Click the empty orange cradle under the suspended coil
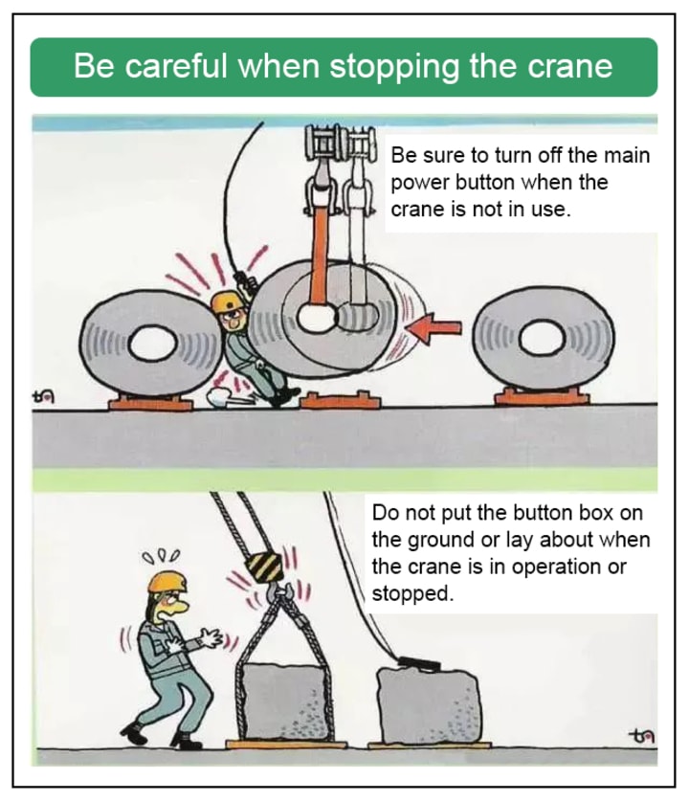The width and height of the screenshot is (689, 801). coord(341,400)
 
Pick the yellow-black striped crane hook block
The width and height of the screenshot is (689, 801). coord(264,567)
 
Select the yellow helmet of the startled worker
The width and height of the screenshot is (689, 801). coord(167,581)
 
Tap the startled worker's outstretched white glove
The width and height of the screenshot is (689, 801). coord(211,638)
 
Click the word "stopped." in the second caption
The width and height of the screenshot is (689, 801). coord(412,594)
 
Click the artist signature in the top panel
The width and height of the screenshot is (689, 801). coord(43,396)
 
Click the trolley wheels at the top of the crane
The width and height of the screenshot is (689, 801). coord(340,141)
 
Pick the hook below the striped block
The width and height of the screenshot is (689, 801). coord(278,592)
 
